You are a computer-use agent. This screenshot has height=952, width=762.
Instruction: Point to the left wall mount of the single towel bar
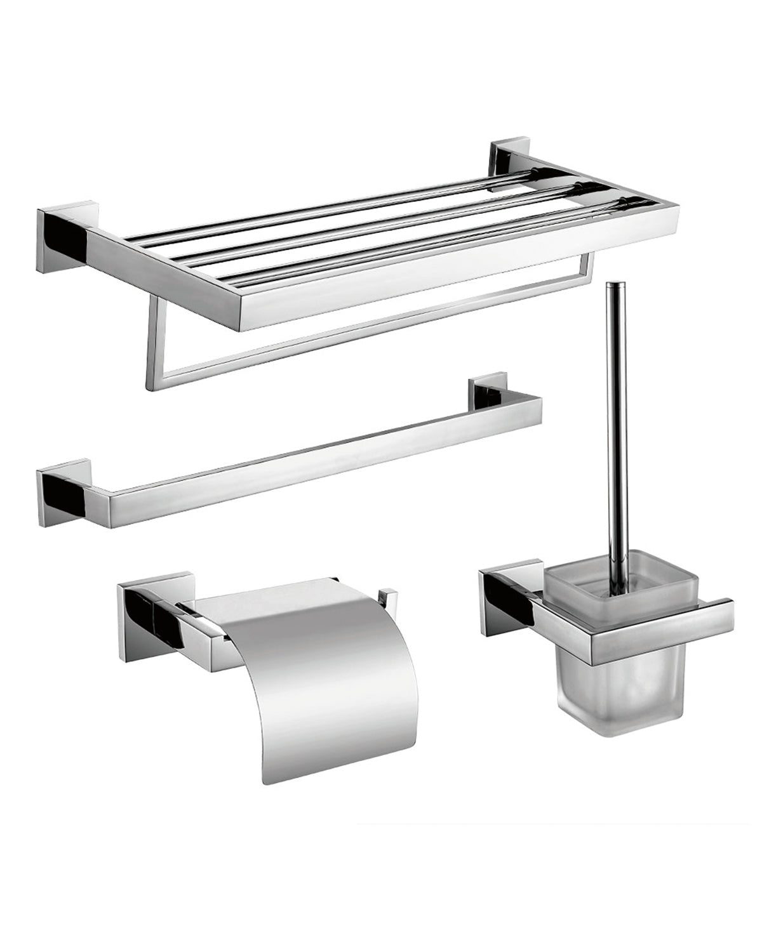(62, 493)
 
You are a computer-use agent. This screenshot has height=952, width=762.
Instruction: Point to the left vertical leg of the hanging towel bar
(152, 346)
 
